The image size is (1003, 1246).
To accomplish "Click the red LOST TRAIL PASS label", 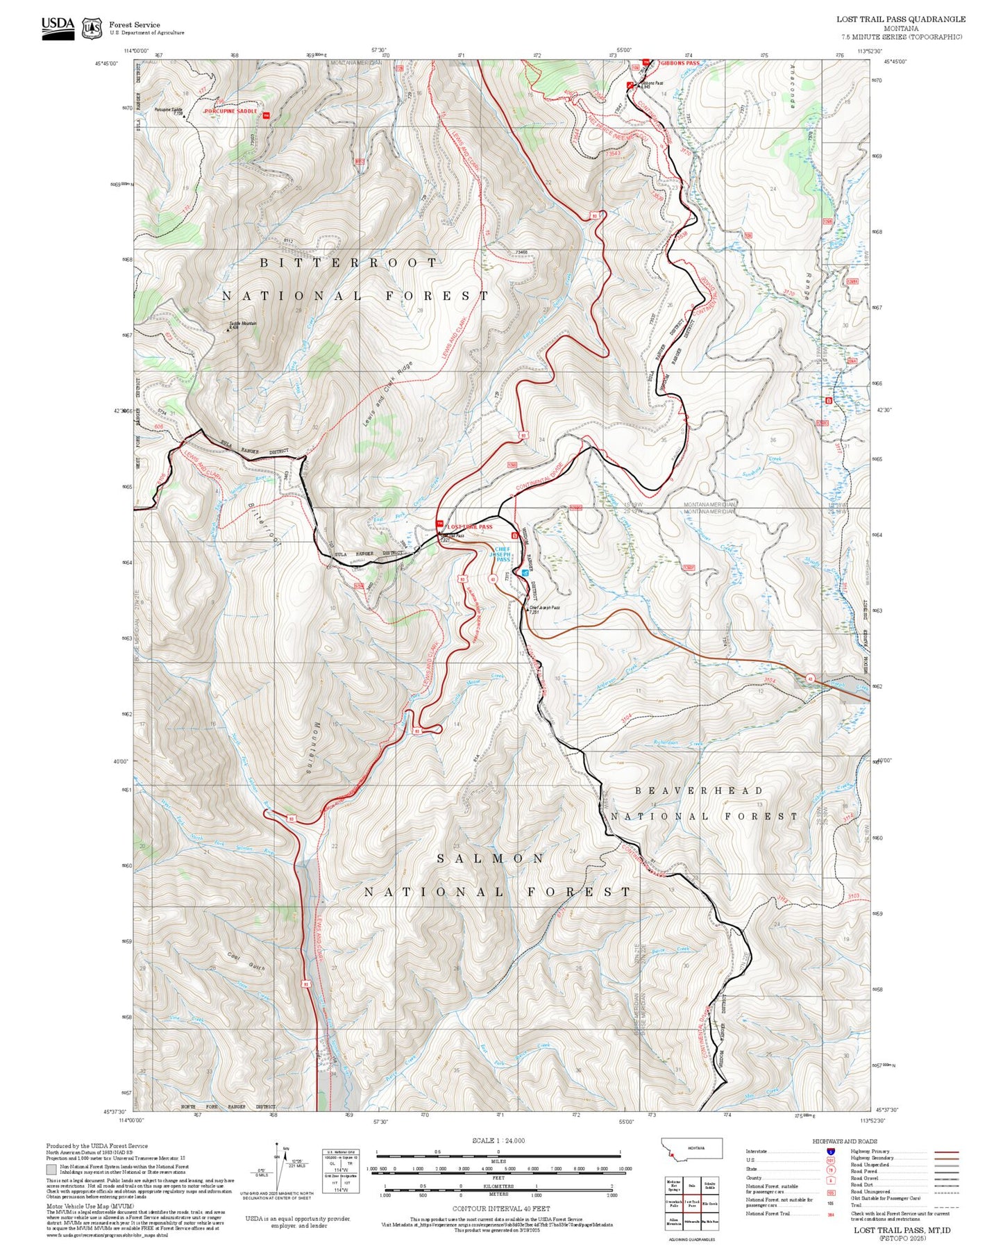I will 469,526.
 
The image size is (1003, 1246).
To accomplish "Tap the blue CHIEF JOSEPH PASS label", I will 503,553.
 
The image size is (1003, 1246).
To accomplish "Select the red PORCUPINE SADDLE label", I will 230,111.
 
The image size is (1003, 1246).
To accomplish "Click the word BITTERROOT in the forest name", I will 349,263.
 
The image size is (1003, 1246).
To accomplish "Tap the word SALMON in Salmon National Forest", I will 490,858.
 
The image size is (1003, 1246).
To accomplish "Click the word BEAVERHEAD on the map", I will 699,790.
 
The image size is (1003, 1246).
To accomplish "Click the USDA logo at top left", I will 58,28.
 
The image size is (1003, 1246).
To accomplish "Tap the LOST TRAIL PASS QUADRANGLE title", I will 900,19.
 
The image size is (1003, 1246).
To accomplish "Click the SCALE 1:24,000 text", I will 498,1140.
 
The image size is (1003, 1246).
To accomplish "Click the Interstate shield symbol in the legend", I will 830,1152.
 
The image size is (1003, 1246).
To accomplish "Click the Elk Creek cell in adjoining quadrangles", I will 711,1204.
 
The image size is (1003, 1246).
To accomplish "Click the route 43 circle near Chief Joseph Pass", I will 492,579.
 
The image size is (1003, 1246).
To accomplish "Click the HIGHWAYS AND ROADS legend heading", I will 845,1141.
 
